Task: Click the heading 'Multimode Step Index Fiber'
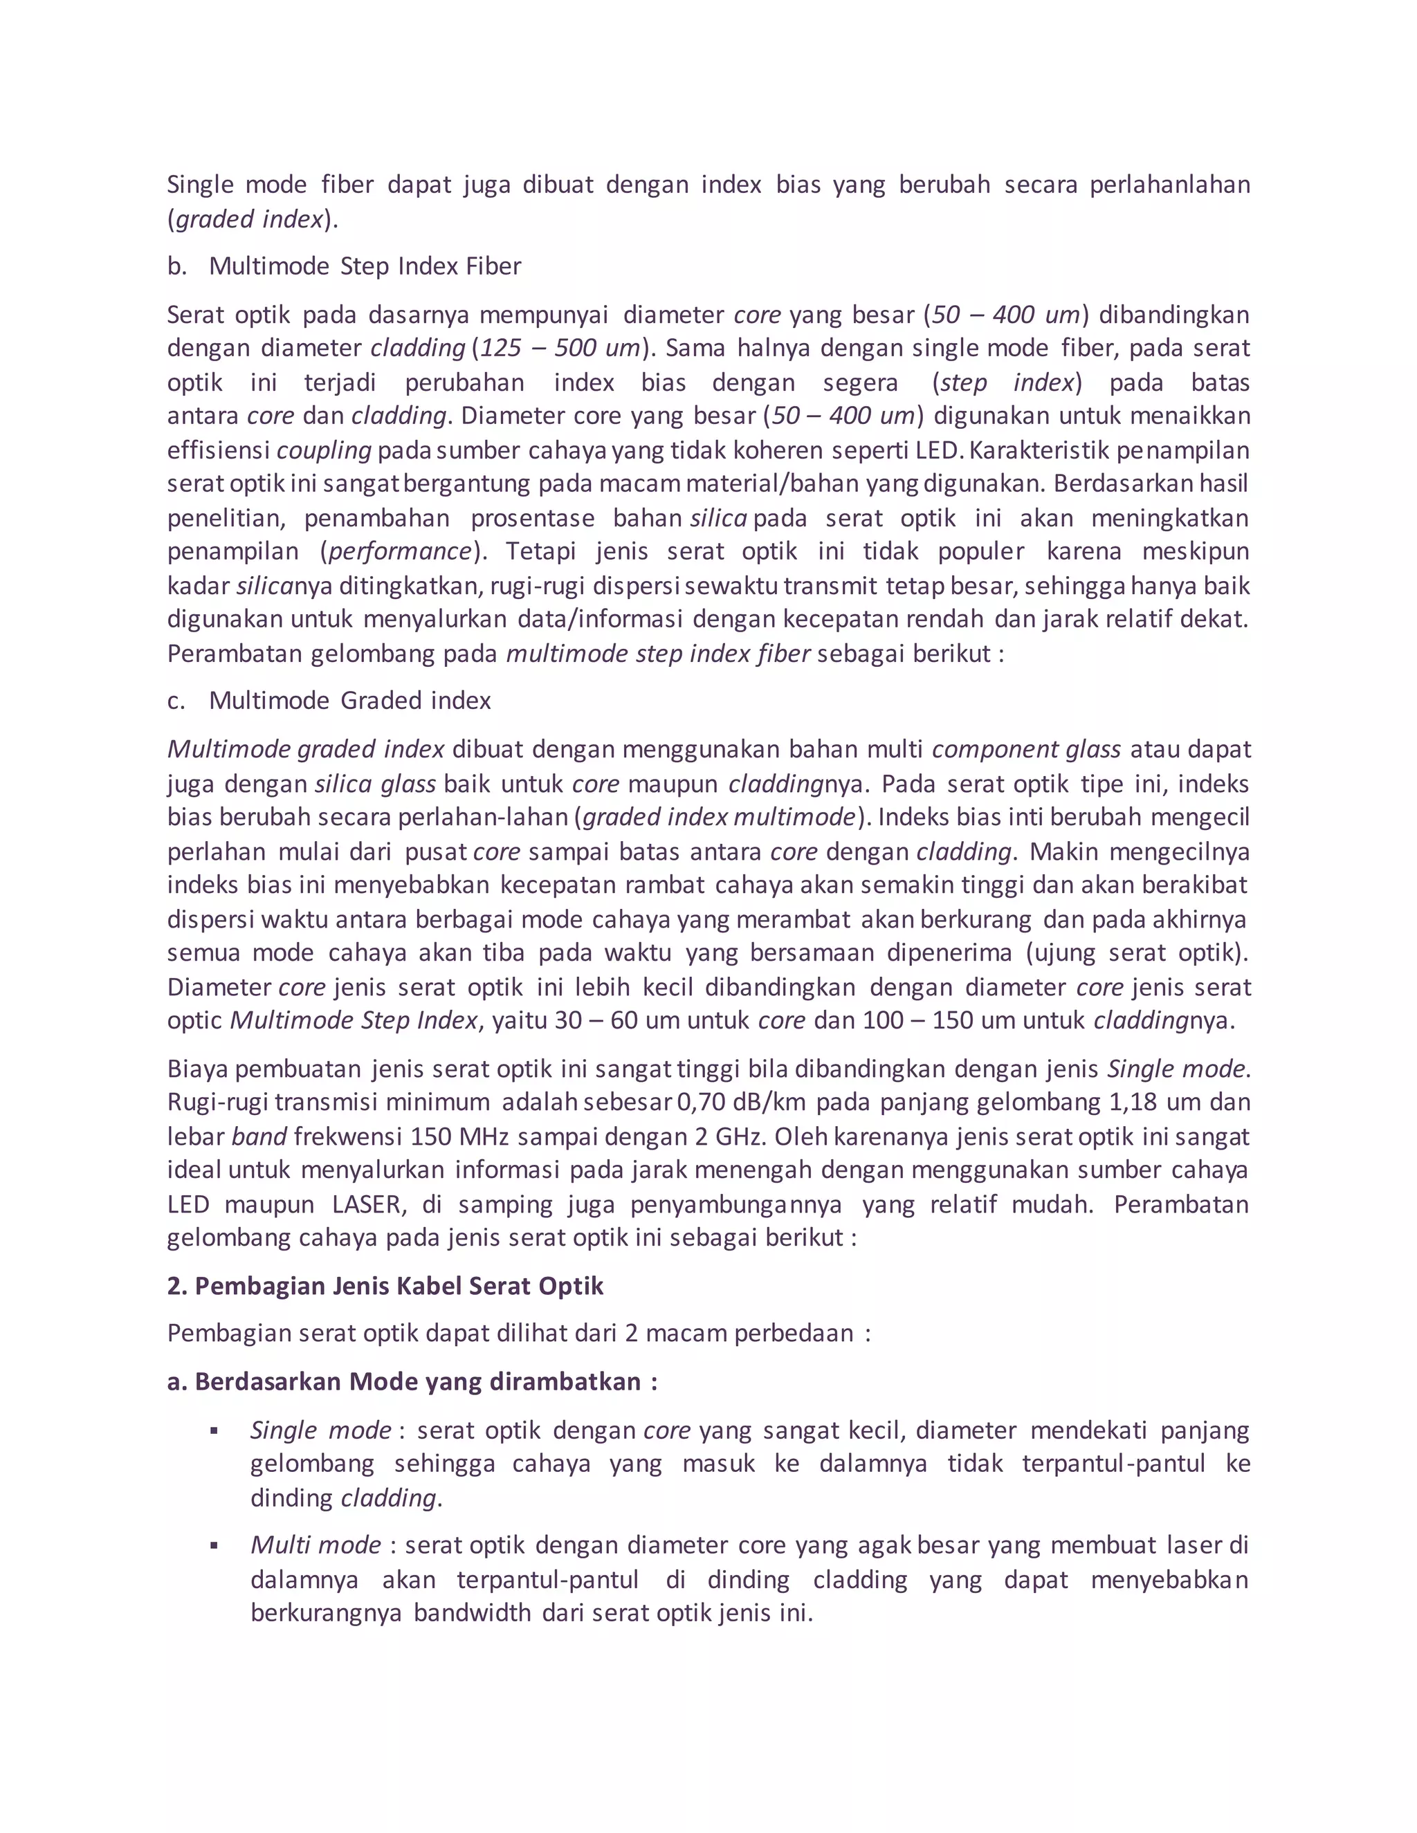coord(365,266)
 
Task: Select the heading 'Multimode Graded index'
coord(349,700)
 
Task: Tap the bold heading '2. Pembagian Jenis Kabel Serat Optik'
coord(385,1286)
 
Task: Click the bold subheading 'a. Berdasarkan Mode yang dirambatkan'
coord(412,1381)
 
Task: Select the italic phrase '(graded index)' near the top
coord(253,219)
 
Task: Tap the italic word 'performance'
coord(400,551)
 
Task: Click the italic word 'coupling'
coord(323,451)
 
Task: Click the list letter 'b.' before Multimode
coord(176,266)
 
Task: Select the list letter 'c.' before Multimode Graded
coord(176,700)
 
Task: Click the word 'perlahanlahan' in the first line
coord(1169,185)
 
